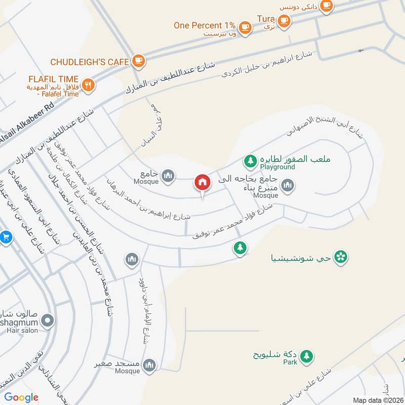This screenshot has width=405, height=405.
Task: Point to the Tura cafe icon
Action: coord(284,21)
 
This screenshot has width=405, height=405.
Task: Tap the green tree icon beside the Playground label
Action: coord(250,161)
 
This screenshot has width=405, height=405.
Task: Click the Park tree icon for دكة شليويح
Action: coord(306,356)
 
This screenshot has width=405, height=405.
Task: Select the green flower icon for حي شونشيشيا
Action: coord(342,257)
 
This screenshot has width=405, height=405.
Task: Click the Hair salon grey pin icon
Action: coord(48,320)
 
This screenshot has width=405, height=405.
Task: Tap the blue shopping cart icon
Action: coord(6,237)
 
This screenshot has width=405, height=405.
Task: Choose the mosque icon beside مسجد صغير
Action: coord(149,364)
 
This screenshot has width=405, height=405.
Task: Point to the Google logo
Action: coord(21,397)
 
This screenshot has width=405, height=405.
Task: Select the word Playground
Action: coord(277,167)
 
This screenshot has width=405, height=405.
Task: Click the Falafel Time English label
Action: coord(58,94)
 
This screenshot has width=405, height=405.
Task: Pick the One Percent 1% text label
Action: coord(205,25)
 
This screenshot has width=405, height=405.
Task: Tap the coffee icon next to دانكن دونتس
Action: coord(327,5)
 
